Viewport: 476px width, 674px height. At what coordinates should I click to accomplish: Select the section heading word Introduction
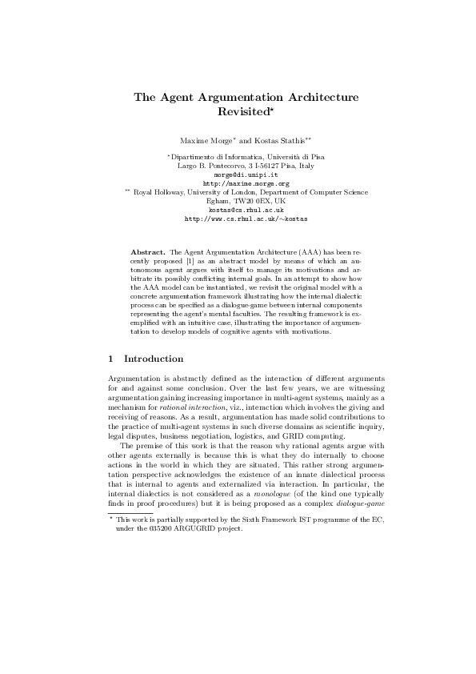154,359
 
